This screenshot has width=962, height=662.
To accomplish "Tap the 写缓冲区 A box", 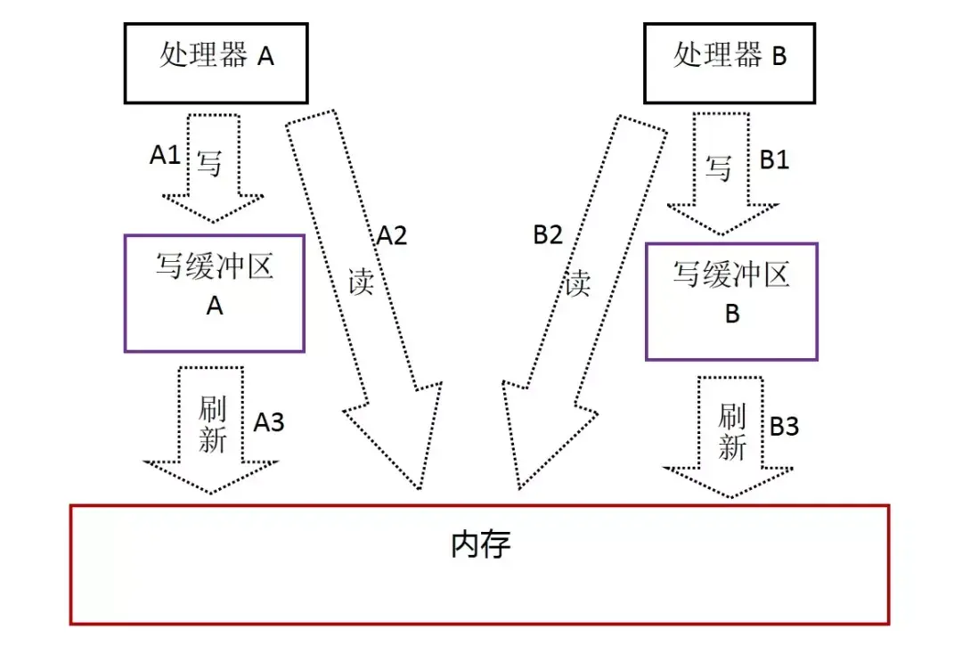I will coord(214,293).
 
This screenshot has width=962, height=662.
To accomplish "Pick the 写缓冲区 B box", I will coord(731,301).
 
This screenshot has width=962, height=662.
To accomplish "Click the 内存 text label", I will coord(481,544).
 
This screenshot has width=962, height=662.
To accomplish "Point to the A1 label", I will coord(165,155).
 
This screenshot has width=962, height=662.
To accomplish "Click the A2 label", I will coord(391,235).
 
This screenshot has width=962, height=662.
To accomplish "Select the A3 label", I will coord(269,421).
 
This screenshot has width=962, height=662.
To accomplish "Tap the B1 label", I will coord(774,159).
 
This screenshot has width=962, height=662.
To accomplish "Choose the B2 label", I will coord(549,235).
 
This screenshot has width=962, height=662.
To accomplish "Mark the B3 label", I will coord(784,427).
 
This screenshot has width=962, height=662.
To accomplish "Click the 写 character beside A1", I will coord(208,163).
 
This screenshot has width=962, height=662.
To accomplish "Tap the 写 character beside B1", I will coord(719,168).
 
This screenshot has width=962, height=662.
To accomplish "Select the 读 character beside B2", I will coord(578,283).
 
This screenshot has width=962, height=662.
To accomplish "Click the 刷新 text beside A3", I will coord(212,425).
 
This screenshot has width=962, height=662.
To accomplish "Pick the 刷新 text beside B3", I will coord(731,431).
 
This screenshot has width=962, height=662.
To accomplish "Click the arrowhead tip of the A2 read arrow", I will coord(417,488).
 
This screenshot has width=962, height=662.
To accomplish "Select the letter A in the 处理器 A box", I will coord(265,57).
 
